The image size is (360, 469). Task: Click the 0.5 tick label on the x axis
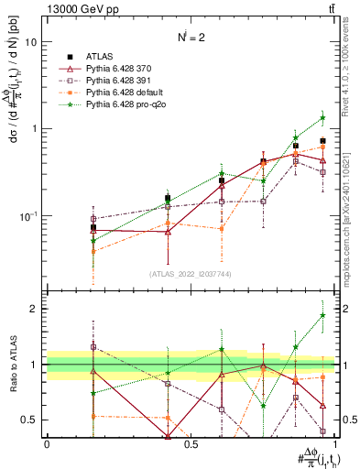coord(191,444)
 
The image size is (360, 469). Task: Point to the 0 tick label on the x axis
coord(47,444)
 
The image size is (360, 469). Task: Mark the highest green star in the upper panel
coord(322,117)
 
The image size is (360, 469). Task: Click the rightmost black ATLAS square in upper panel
coord(322,141)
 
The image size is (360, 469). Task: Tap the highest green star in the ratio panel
coord(322,315)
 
